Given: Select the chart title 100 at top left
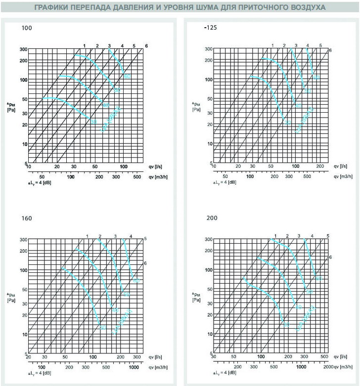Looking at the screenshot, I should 27,28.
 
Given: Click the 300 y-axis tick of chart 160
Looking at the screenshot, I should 23,240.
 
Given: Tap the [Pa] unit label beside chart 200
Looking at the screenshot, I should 196,300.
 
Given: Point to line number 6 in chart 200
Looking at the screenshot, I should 330,257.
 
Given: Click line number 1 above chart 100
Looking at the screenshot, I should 85,46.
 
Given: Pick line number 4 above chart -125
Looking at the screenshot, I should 307,46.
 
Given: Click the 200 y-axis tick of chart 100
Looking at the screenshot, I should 23,60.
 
